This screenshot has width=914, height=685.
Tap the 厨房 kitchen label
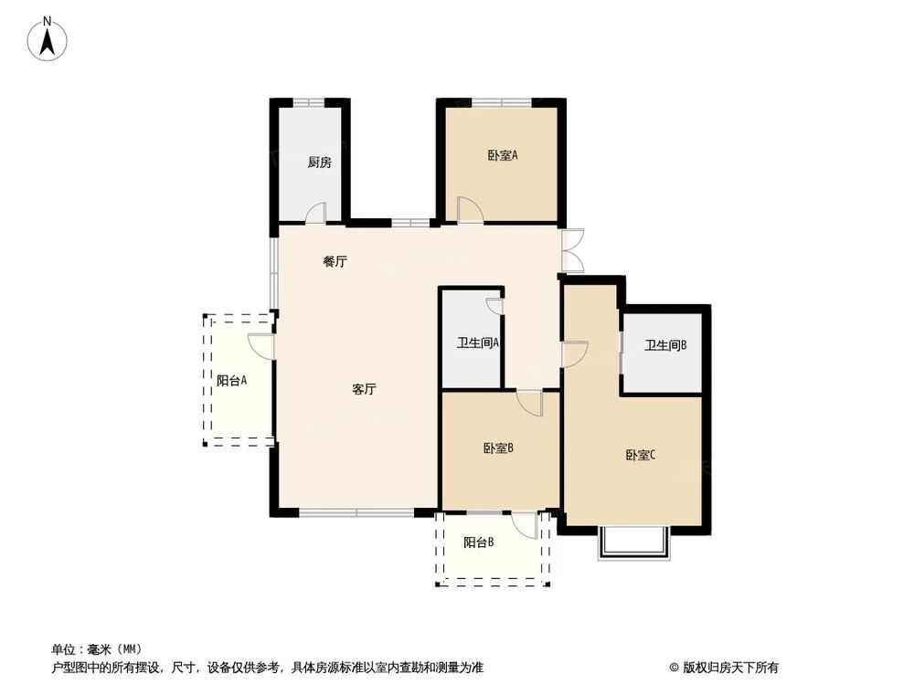click(x=319, y=163)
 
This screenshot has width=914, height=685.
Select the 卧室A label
click(x=503, y=155)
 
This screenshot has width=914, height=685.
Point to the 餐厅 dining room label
click(x=335, y=261)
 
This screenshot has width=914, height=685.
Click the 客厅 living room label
click(x=365, y=389)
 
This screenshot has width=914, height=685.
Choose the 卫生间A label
click(x=478, y=343)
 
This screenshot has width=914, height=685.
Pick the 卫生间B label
click(x=665, y=345)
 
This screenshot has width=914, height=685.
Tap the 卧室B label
click(x=498, y=448)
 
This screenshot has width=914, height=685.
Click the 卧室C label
click(x=640, y=455)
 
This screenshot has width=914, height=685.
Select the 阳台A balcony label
click(x=232, y=381)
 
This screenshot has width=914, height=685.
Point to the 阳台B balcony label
click(x=478, y=543)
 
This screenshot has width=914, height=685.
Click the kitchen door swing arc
click(x=316, y=213)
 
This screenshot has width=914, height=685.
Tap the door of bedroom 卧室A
click(x=470, y=210)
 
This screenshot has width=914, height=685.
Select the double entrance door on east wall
click(x=573, y=249)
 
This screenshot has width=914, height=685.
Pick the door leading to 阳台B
click(x=525, y=524)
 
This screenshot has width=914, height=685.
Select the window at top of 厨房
click(x=310, y=100)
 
